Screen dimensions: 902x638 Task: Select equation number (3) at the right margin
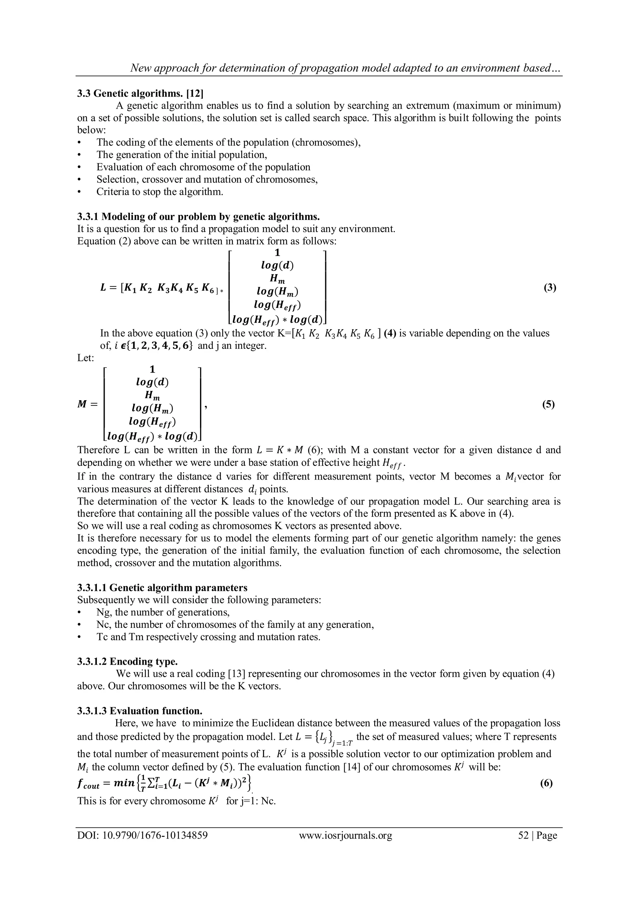[550, 287]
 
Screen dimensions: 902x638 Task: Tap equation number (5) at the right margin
[548, 404]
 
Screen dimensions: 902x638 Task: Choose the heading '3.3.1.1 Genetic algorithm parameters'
[162, 588]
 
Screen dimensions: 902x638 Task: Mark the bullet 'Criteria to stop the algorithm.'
[159, 192]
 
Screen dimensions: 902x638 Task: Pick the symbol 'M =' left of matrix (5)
[87, 404]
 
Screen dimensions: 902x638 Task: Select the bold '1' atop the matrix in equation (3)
[277, 253]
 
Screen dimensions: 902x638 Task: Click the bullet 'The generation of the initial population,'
[182, 155]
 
